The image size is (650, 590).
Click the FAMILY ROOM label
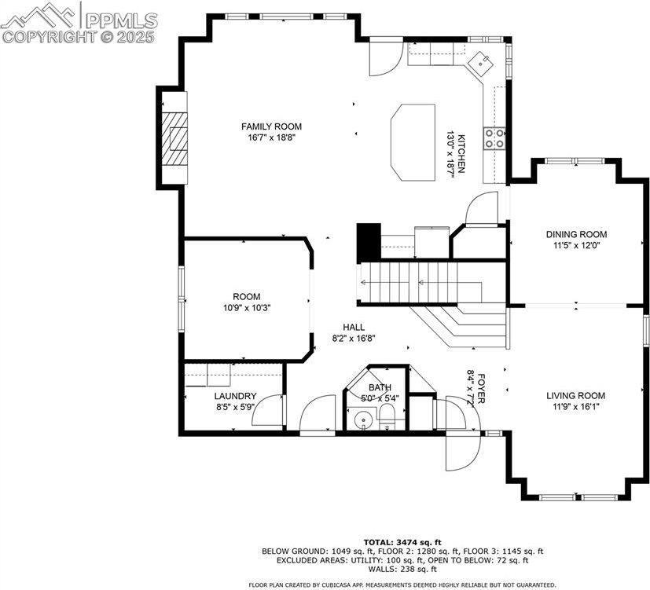tap(271, 126)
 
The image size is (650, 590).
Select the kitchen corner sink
tap(479, 60)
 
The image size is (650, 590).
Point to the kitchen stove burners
tap(495, 138)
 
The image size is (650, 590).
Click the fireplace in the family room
tap(178, 138)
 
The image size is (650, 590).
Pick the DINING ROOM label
tap(576, 234)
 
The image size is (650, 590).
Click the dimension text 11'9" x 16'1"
tap(576, 408)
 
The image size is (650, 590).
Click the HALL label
tap(353, 327)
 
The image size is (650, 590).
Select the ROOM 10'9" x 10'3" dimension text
tap(246, 308)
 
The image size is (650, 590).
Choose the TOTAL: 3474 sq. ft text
tap(402, 542)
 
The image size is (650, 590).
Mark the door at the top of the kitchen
tap(384, 55)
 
